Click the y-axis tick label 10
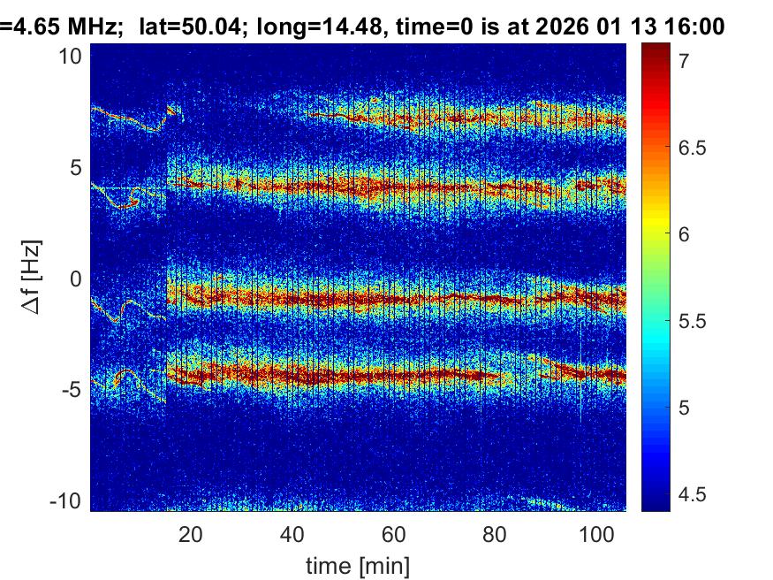pos(71,56)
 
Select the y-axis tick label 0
pos(75,279)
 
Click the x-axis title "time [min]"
pos(358,565)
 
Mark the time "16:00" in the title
pos(693,28)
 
